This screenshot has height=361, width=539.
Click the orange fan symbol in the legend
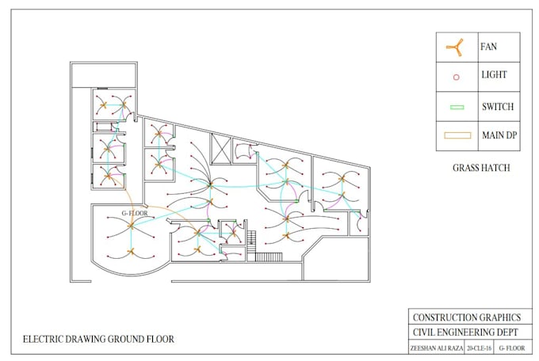454,47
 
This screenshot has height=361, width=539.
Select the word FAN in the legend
488,47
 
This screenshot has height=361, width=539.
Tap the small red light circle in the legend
455,77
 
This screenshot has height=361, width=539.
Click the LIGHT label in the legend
493,76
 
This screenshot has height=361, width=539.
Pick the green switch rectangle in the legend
455,107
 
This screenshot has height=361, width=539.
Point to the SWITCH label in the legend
497,106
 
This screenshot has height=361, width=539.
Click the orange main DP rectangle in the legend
455,135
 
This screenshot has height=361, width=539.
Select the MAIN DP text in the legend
499,135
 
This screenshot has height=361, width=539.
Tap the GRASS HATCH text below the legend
480,168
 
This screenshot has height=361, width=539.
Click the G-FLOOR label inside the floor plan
135,214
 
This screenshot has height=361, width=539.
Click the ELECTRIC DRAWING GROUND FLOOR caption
98,340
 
